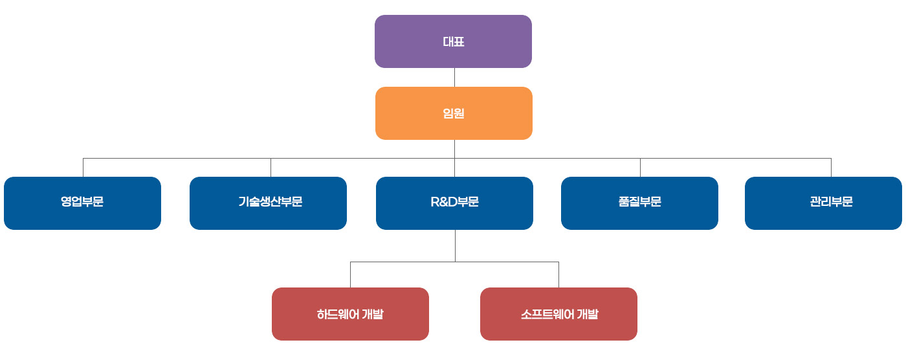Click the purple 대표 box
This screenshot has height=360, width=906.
[x=453, y=41]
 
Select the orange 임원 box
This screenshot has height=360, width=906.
[x=454, y=113]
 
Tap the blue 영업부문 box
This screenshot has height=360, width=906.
[x=83, y=203]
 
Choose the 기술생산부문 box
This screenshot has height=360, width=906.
[x=268, y=203]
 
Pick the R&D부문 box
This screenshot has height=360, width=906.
[x=454, y=203]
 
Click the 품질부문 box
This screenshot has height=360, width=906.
[x=639, y=203]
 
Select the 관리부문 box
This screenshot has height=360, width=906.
[x=823, y=203]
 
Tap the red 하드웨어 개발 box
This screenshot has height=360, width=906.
[x=350, y=314]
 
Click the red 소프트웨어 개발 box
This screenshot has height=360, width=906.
[x=558, y=314]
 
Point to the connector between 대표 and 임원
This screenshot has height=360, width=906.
[x=454, y=77]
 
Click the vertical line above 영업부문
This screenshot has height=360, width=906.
[x=83, y=168]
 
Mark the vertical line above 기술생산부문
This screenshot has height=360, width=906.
[x=271, y=168]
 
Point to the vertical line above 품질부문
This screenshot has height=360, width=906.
[x=640, y=168]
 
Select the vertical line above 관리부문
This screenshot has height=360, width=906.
[x=831, y=168]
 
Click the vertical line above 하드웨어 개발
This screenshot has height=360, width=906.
[x=350, y=275]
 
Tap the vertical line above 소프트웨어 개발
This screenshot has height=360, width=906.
[x=559, y=275]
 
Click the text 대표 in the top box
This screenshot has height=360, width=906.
[x=454, y=41]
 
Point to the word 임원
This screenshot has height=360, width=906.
[x=454, y=113]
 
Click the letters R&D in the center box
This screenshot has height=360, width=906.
[x=444, y=201]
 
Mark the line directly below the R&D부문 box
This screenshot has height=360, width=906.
[x=456, y=246]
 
